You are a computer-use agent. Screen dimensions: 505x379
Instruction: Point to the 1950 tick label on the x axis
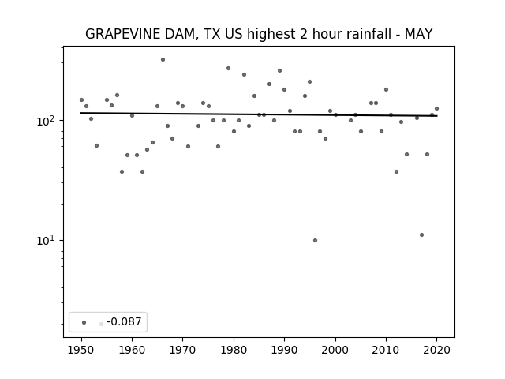pyautogui.click(x=81, y=350)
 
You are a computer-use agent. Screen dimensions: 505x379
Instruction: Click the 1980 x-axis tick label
pyautogui.click(x=234, y=350)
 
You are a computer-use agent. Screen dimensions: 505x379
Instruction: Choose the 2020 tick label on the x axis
pyautogui.click(x=436, y=350)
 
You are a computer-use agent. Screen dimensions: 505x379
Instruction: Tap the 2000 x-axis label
pyautogui.click(x=335, y=350)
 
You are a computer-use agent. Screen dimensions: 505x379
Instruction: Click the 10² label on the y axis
pyautogui.click(x=47, y=121)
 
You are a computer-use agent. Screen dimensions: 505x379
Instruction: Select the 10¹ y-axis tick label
pyautogui.click(x=47, y=240)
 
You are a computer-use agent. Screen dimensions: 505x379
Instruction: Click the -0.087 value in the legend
pyautogui.click(x=124, y=321)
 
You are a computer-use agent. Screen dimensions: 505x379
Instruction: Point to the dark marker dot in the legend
pyautogui.click(x=84, y=322)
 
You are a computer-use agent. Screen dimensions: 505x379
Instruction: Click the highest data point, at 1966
pyautogui.click(x=163, y=60)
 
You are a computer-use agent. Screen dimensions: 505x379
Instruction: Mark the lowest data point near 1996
pyautogui.click(x=315, y=240)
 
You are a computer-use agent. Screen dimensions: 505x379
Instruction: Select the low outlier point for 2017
pyautogui.click(x=421, y=235)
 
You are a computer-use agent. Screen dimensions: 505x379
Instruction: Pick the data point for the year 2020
pyautogui.click(x=436, y=109)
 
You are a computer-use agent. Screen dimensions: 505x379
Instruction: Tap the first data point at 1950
pyautogui.click(x=81, y=100)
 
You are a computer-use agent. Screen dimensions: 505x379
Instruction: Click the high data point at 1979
pyautogui.click(x=228, y=69)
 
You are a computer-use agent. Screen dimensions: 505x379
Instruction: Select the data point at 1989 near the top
pyautogui.click(x=279, y=70)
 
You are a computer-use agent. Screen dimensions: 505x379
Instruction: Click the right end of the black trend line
pyautogui.click(x=437, y=116)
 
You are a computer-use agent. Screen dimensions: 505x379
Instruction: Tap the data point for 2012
pyautogui.click(x=396, y=172)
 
